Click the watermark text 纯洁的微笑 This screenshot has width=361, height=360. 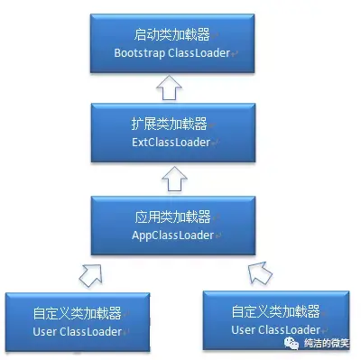coord(330,344)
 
